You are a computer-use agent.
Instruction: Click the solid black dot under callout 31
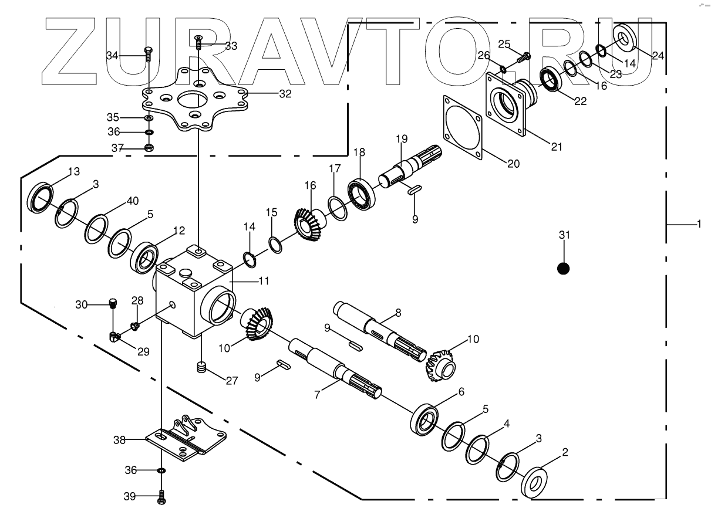point(563,269)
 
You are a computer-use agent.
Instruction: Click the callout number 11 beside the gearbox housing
point(264,282)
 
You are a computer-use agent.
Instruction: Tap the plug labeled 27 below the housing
point(202,368)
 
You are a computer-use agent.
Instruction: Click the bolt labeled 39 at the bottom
point(161,497)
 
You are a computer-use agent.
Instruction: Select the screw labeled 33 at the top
point(199,42)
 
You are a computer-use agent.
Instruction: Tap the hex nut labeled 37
point(149,147)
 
